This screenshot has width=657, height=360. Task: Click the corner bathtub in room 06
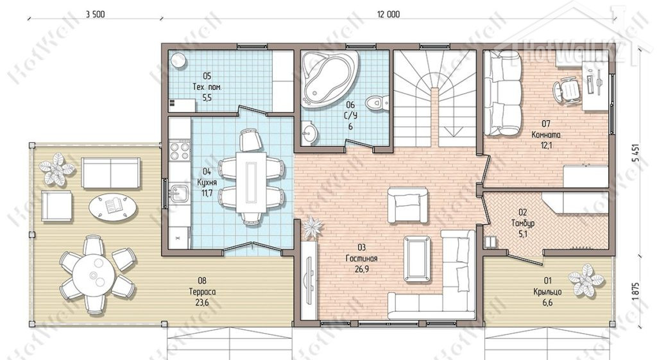tap(330, 79)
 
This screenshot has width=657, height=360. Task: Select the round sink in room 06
tap(310, 133)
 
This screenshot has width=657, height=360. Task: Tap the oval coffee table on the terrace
tap(113, 207)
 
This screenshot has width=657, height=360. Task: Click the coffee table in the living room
tap(417, 259)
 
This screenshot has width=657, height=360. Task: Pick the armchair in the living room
tap(407, 205)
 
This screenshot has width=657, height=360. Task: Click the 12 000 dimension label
tap(388, 14)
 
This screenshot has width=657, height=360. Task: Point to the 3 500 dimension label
tap(95, 14)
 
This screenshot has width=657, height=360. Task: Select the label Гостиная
tap(362, 259)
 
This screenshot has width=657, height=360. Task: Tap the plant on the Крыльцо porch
tap(586, 279)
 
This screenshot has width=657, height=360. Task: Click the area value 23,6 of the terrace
tap(202, 303)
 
